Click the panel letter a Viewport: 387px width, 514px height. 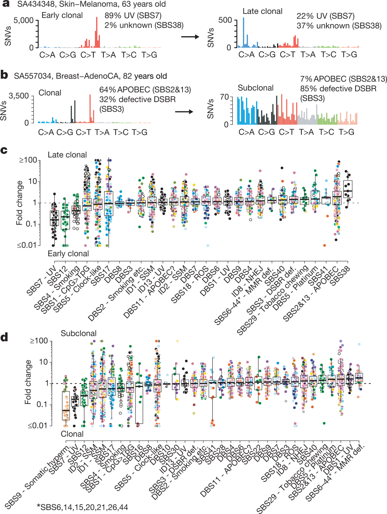point(5,4)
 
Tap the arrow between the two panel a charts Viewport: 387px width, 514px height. point(190,36)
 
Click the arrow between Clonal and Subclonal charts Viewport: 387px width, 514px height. point(184,112)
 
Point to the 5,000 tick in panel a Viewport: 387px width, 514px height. point(23,20)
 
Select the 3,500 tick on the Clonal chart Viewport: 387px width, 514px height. point(18,96)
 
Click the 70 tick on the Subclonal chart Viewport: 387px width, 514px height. point(224,97)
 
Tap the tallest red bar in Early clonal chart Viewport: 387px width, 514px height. point(97,32)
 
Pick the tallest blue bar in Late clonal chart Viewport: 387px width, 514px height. point(243,32)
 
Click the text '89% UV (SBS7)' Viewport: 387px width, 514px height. point(133,15)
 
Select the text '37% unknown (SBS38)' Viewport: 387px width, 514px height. point(339,26)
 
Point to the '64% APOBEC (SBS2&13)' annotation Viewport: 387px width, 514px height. point(145,89)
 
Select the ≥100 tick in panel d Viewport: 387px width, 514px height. point(39,341)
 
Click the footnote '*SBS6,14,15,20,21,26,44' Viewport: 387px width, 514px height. point(82,507)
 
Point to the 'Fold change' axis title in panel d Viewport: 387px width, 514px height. point(28,382)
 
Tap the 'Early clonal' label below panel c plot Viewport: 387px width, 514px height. point(68,254)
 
